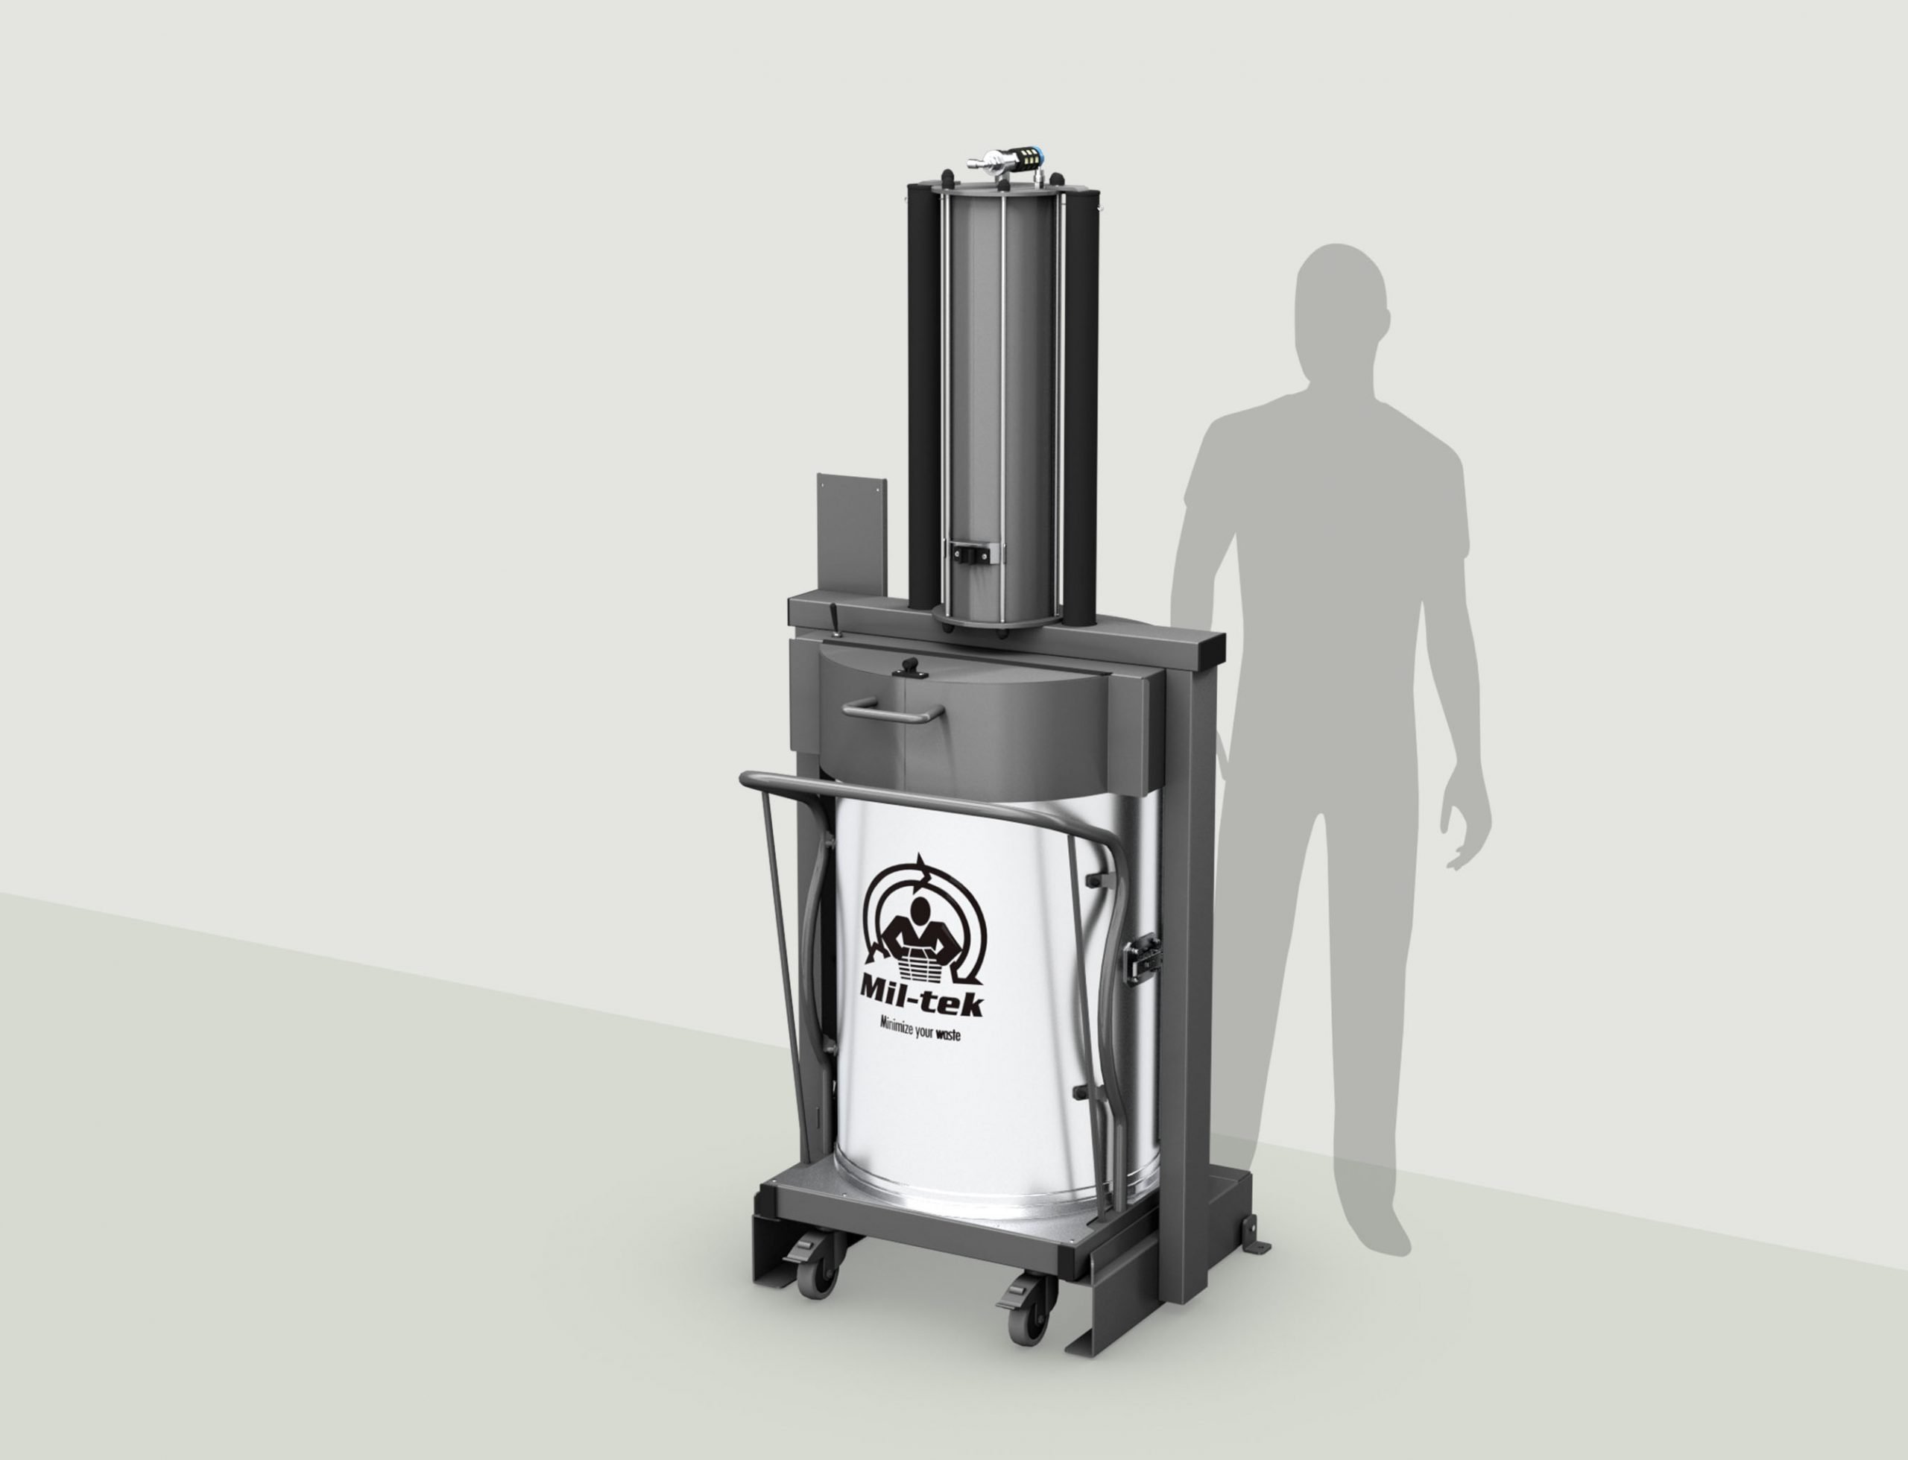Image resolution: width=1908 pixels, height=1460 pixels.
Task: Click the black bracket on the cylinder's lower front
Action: [975, 553]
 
